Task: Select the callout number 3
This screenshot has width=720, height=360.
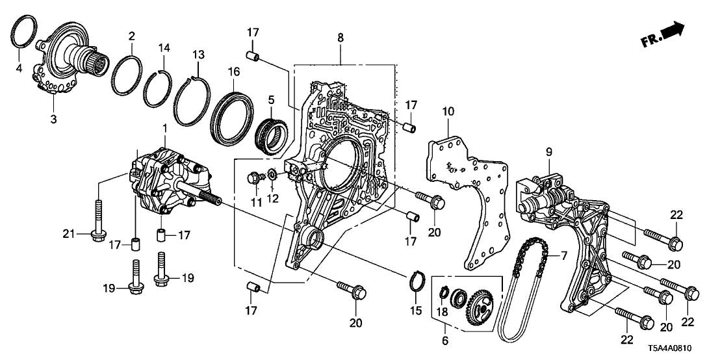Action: click(x=54, y=119)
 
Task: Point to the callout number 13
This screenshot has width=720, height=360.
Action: click(x=198, y=53)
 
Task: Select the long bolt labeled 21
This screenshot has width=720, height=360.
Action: click(x=97, y=218)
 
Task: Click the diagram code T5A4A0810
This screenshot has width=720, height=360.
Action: click(x=683, y=350)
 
